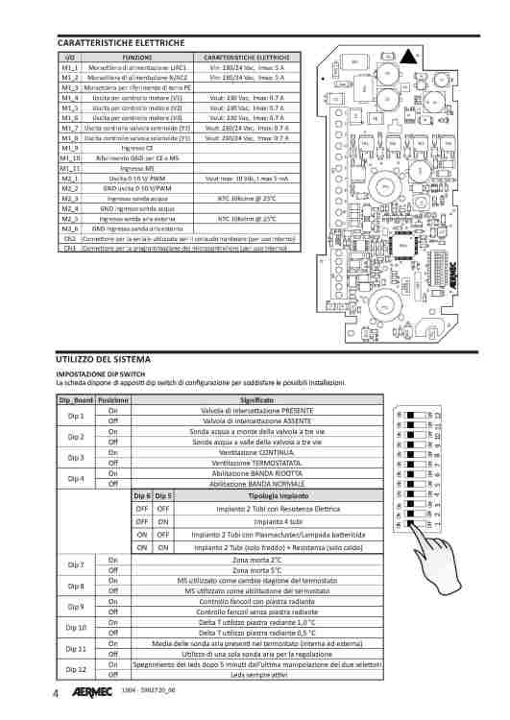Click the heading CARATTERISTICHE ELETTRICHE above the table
tap(120, 43)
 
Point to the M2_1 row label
tap(70, 179)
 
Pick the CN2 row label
tap(69, 238)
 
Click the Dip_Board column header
tap(76, 399)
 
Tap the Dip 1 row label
tap(76, 416)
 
